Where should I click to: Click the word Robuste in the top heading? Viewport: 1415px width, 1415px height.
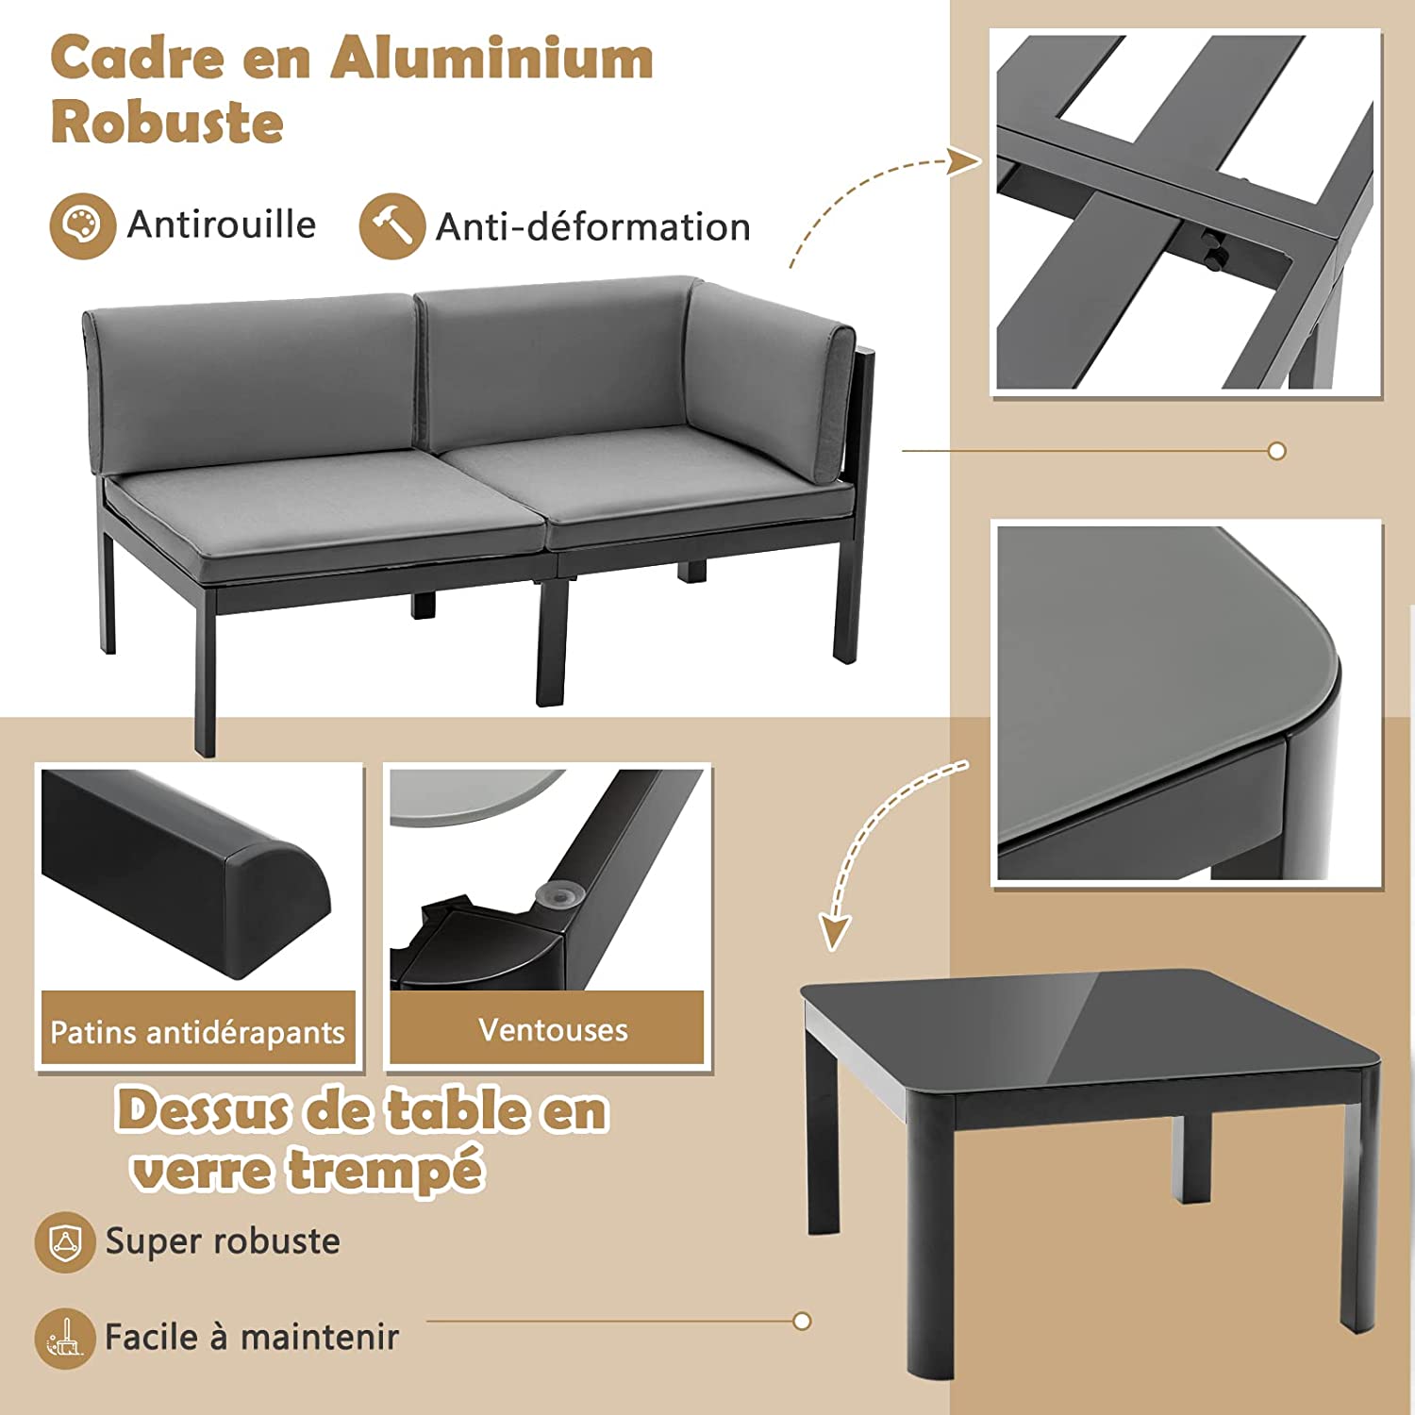167,123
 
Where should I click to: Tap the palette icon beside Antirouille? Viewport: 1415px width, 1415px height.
82,226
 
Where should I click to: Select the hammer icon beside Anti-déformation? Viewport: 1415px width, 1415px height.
391,226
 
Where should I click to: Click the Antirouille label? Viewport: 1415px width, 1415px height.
222,225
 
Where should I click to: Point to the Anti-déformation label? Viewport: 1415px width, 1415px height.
592,227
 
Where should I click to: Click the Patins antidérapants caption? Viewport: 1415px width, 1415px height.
198,1032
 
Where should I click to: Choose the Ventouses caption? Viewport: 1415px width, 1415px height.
553,1029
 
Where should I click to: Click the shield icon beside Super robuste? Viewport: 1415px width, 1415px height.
65,1241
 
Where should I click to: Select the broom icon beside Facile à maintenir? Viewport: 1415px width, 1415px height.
65,1338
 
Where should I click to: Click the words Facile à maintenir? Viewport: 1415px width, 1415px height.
252,1338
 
